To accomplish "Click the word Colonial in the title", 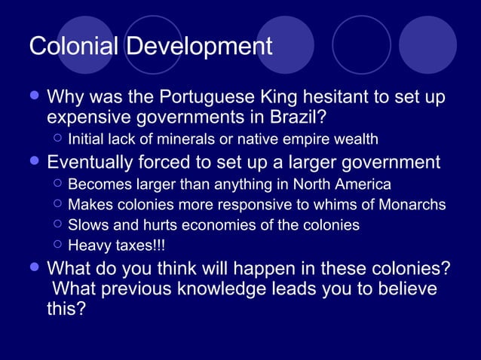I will [73, 47].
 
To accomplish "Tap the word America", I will [362, 184].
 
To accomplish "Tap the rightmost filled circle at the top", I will [427, 44].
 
